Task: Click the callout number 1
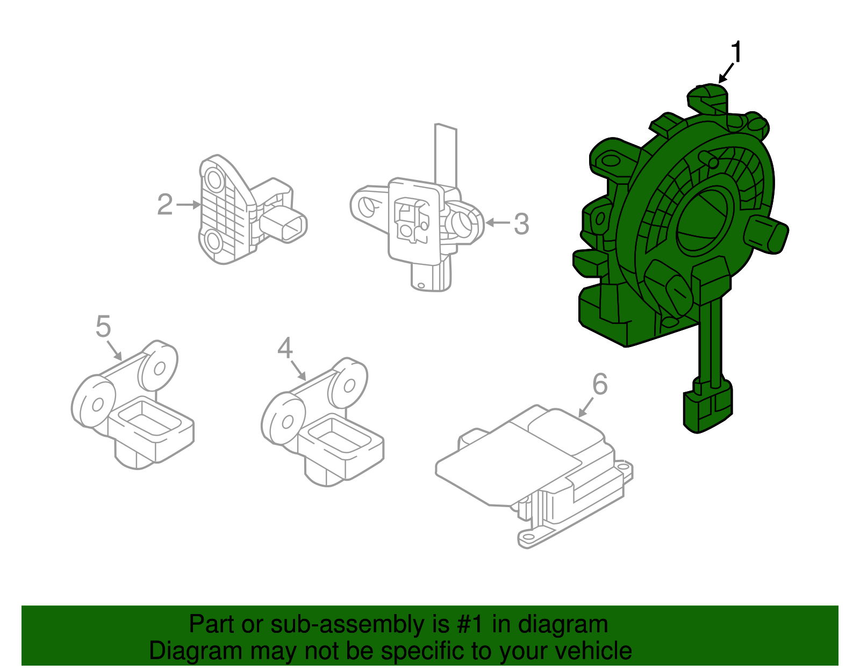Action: coord(736,53)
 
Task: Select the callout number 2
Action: coord(165,205)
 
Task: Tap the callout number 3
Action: coord(521,223)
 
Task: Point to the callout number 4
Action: coord(285,348)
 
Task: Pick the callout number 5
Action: coord(103,326)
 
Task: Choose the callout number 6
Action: coord(600,384)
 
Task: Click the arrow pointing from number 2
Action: coord(188,205)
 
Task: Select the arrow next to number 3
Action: coord(497,223)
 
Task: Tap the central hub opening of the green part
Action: coord(704,220)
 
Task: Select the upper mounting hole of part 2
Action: coord(214,179)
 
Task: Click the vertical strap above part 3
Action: coord(446,156)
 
